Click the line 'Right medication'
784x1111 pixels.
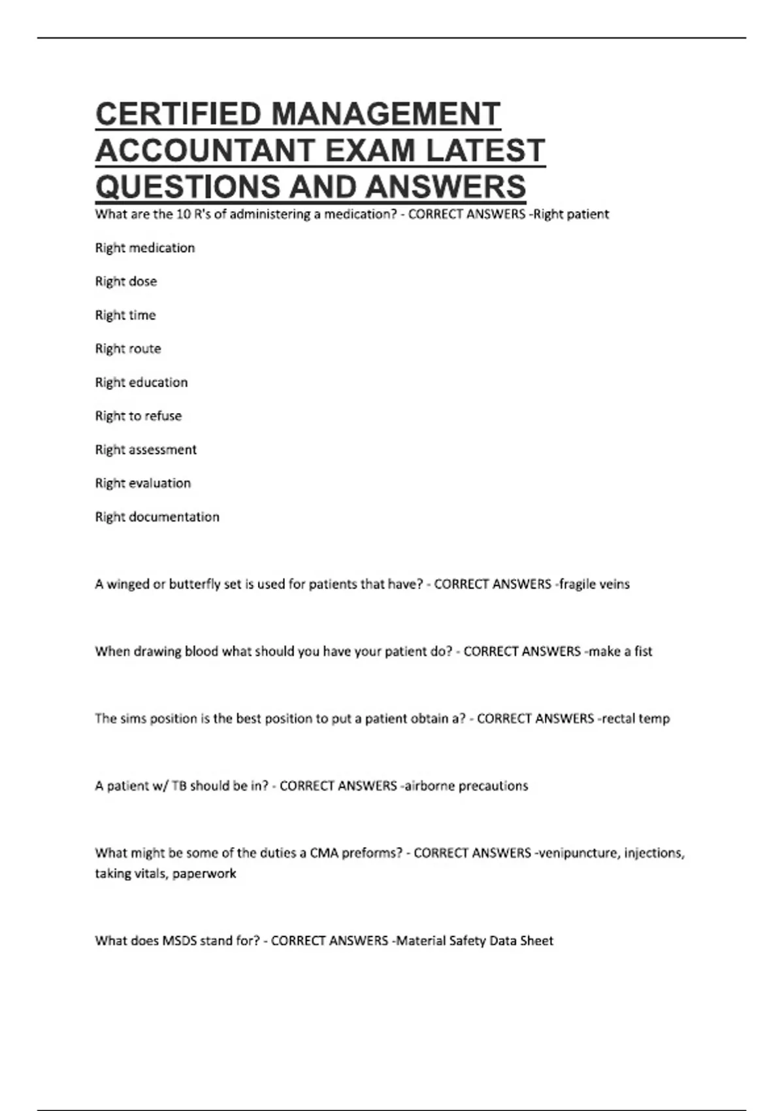pyautogui.click(x=145, y=248)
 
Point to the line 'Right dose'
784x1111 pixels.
pyautogui.click(x=126, y=281)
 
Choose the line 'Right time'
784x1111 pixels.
pyautogui.click(x=125, y=315)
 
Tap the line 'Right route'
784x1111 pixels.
pyautogui.click(x=128, y=348)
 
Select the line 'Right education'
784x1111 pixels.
pyautogui.click(x=141, y=382)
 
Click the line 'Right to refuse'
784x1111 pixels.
pyautogui.click(x=139, y=416)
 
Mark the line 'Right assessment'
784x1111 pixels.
pyautogui.click(x=146, y=450)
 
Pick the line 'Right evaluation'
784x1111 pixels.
pyautogui.click(x=143, y=483)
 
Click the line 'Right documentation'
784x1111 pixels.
pyautogui.click(x=157, y=517)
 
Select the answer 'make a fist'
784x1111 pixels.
pyautogui.click(x=620, y=652)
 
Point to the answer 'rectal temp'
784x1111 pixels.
pyautogui.click(x=636, y=719)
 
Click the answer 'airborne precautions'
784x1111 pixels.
pyautogui.click(x=466, y=786)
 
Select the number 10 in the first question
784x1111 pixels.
pyautogui.click(x=184, y=214)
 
